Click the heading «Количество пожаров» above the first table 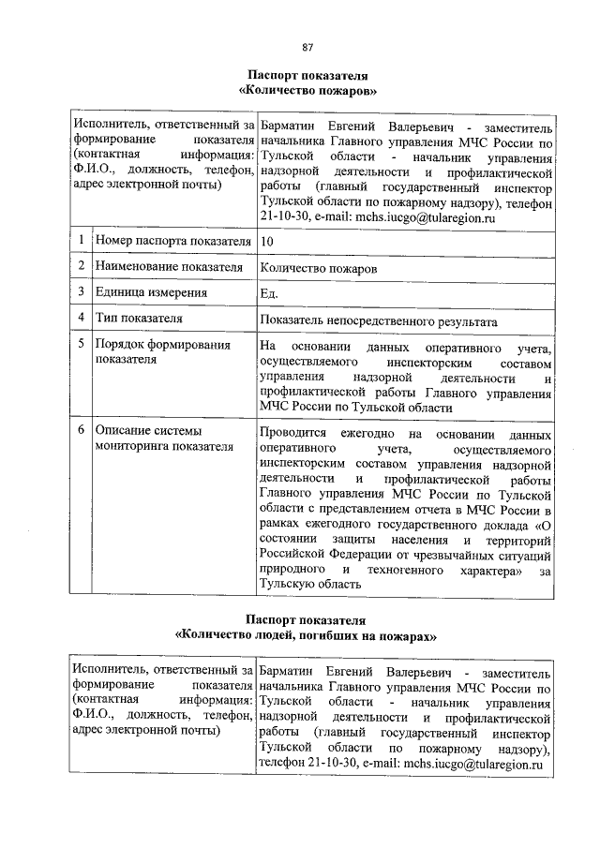307,90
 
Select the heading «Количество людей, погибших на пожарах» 307,634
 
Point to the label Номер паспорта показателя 172,242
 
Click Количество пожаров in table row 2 320,268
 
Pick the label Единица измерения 151,293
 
